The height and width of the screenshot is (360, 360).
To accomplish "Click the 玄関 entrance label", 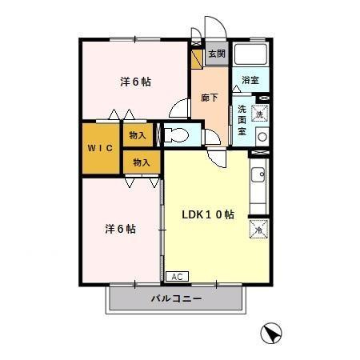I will coord(216,54).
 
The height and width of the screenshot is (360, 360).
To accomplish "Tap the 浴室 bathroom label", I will coord(250,80).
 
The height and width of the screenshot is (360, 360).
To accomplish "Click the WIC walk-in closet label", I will coord(100,148).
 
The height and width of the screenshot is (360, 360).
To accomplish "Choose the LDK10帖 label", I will coord(207,214).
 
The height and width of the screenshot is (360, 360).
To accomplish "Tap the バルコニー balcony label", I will coord(175,299).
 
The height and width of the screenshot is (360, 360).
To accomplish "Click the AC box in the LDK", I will coord(177,277).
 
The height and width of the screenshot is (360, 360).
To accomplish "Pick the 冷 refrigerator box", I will coord(258,230).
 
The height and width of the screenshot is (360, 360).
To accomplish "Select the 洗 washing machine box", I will coord(259,114).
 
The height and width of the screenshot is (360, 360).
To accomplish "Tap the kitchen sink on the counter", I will coord(258,176).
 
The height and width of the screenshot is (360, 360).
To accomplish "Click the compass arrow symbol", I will coord(273,334).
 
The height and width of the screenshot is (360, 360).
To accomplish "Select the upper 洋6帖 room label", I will coord(136,82).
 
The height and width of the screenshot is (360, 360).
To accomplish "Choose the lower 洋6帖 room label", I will coord(120,229).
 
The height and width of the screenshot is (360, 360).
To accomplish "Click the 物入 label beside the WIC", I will coord(138,135).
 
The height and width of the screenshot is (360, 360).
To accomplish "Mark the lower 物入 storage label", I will coord(142,162).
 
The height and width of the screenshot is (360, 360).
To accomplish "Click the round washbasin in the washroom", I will coord(261,136).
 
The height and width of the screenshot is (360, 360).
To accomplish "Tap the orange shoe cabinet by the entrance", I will coord(197,58).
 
